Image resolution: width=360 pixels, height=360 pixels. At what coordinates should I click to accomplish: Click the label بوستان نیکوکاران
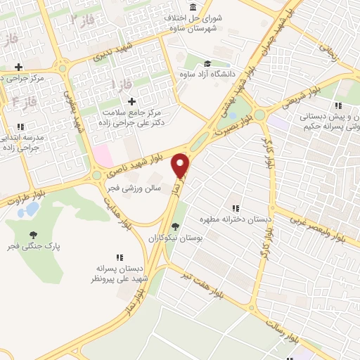pos(174,238)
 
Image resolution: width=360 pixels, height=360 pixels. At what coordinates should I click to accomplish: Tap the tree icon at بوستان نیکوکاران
pos(174,226)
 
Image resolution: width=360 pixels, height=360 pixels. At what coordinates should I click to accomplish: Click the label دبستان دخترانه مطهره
pos(236,219)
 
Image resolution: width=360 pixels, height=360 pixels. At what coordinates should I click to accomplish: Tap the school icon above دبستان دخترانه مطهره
pos(236,208)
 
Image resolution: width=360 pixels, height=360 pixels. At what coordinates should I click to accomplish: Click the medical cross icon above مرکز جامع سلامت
pos(131,101)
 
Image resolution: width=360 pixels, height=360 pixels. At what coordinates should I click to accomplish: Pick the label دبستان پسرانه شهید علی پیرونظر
pos(120,274)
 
